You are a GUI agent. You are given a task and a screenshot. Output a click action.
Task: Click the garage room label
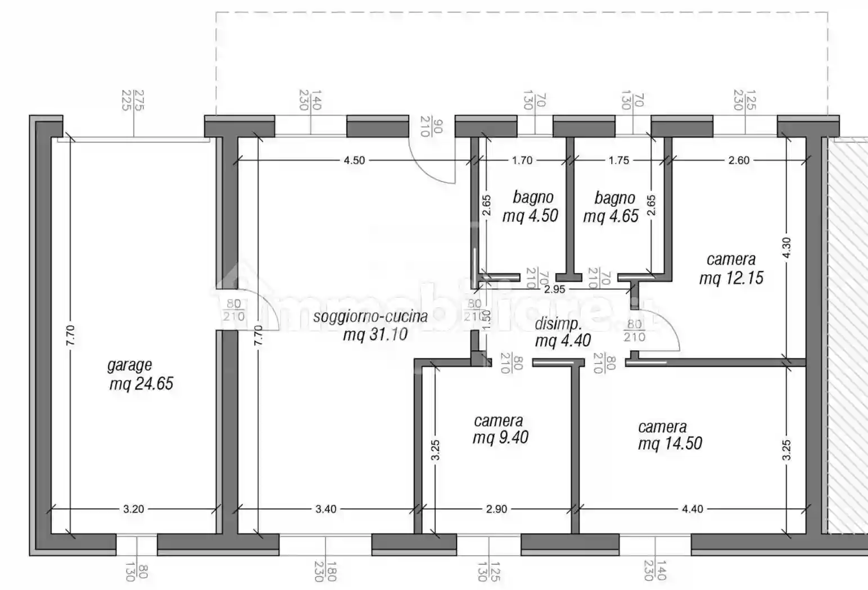click(x=129, y=365)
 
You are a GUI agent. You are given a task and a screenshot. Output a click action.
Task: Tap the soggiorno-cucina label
click(x=370, y=316)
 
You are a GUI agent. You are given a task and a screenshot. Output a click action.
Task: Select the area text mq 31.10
click(x=375, y=335)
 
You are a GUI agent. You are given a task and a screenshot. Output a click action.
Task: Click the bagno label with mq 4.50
click(x=532, y=197)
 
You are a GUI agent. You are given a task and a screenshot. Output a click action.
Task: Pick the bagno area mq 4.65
click(x=611, y=216)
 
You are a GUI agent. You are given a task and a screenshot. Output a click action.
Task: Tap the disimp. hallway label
click(x=558, y=324)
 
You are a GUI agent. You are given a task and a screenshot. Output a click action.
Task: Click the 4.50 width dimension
click(x=354, y=160)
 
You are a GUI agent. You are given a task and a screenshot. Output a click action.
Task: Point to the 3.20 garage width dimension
click(x=133, y=509)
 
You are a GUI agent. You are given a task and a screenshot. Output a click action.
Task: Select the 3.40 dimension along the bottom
click(x=325, y=509)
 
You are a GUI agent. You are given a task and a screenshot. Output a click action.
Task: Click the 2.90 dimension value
click(x=496, y=509)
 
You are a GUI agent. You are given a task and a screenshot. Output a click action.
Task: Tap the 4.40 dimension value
click(x=692, y=509)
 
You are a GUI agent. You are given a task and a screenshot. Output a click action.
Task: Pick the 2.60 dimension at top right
click(x=739, y=160)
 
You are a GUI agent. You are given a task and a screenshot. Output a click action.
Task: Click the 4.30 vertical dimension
click(x=786, y=248)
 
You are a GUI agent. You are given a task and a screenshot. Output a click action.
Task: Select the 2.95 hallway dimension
click(x=554, y=289)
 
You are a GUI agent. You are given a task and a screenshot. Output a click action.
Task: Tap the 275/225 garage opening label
click(x=133, y=100)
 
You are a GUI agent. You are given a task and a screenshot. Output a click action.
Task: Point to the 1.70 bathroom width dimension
click(x=522, y=160)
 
